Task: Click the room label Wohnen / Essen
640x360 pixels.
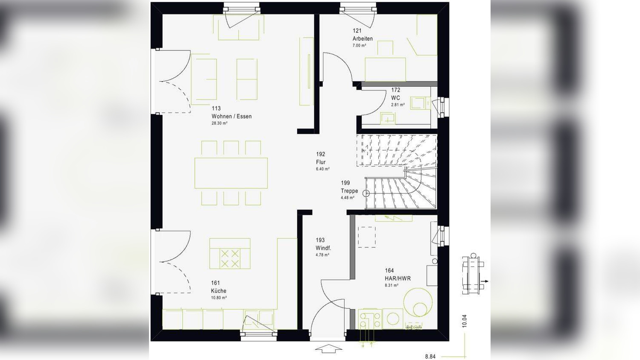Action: (231, 116)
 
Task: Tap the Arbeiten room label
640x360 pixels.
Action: (362, 38)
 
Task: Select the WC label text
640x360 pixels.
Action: (395, 98)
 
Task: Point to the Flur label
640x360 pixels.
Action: (321, 162)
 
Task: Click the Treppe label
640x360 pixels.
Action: (349, 191)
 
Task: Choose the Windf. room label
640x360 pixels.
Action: (323, 248)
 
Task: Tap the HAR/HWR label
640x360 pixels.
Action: (397, 278)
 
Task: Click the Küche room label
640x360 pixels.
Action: (219, 291)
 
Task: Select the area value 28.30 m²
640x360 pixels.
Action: (219, 123)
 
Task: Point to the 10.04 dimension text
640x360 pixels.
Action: (464, 321)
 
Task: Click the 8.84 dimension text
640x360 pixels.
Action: (430, 357)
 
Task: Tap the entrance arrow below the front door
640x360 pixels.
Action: (328, 349)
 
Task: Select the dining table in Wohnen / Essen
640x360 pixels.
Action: (231, 173)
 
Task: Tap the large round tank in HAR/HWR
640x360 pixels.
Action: (418, 302)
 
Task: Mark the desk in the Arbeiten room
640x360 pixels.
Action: (385, 69)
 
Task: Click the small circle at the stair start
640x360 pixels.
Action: (366, 193)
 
